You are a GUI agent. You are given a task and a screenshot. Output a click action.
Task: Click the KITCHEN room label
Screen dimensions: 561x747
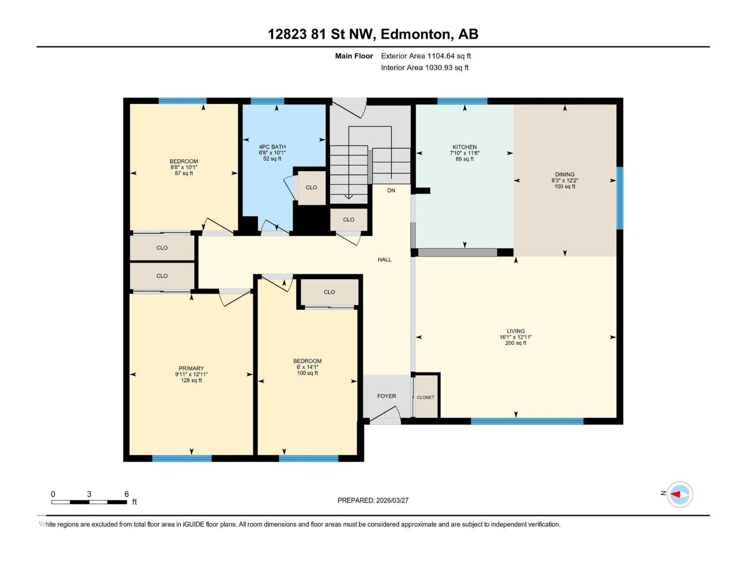point(464,147)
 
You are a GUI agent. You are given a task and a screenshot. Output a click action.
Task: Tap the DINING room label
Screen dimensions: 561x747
point(564,174)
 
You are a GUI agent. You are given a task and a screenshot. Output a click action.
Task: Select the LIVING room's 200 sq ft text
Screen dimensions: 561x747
point(515,343)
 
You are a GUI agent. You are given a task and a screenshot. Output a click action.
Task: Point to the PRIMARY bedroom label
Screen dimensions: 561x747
point(191,368)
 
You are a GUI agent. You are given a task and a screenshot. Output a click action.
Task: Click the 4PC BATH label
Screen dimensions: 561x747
point(272,147)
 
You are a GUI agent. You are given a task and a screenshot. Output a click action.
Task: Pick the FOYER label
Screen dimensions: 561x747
point(386,396)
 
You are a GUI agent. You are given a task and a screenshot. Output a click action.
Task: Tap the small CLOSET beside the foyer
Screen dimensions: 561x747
point(425,397)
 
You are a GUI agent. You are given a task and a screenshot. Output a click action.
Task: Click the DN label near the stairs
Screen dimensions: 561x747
point(391,190)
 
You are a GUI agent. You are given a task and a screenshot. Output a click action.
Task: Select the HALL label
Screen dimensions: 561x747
point(384,259)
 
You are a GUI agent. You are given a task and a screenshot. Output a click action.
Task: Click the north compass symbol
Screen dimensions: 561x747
point(679,494)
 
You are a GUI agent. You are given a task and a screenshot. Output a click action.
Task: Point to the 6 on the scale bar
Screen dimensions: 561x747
point(126,494)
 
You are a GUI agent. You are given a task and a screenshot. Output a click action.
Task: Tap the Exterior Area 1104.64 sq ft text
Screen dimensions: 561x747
point(426,56)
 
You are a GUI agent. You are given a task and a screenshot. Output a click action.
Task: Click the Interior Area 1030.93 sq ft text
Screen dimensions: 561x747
point(424,68)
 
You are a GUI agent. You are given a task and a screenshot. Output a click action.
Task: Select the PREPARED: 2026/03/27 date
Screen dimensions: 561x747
point(373,500)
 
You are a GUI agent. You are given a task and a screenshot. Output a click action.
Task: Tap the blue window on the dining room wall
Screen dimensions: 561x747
point(620,198)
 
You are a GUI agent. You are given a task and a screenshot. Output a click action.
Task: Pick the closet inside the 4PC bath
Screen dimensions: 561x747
point(311,187)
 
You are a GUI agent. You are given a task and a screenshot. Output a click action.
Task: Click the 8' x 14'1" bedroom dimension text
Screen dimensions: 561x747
point(307,367)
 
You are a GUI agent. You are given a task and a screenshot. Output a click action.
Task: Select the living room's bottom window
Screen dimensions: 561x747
point(527,421)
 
